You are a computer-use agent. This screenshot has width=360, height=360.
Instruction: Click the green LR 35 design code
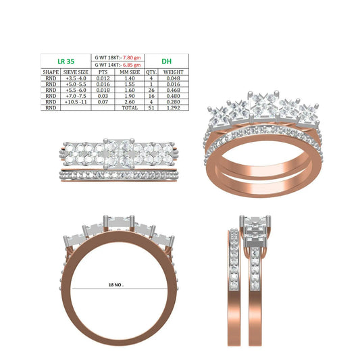click(x=66, y=61)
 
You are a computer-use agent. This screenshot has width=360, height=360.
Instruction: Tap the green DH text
click(x=166, y=61)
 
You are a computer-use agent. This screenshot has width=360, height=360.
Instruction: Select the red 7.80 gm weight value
click(x=132, y=57)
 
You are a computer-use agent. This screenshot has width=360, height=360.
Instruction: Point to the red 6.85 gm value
click(x=132, y=65)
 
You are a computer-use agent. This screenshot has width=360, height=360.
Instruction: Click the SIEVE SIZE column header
click(x=76, y=72)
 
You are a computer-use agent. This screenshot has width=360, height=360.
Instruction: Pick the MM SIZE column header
click(x=130, y=72)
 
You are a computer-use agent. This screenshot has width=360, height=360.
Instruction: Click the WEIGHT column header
click(x=174, y=72)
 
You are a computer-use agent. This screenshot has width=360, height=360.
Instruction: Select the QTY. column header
click(x=151, y=72)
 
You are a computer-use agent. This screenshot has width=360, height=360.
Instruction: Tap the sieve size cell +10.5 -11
click(x=76, y=102)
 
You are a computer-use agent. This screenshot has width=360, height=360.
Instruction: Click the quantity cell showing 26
click(x=151, y=90)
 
